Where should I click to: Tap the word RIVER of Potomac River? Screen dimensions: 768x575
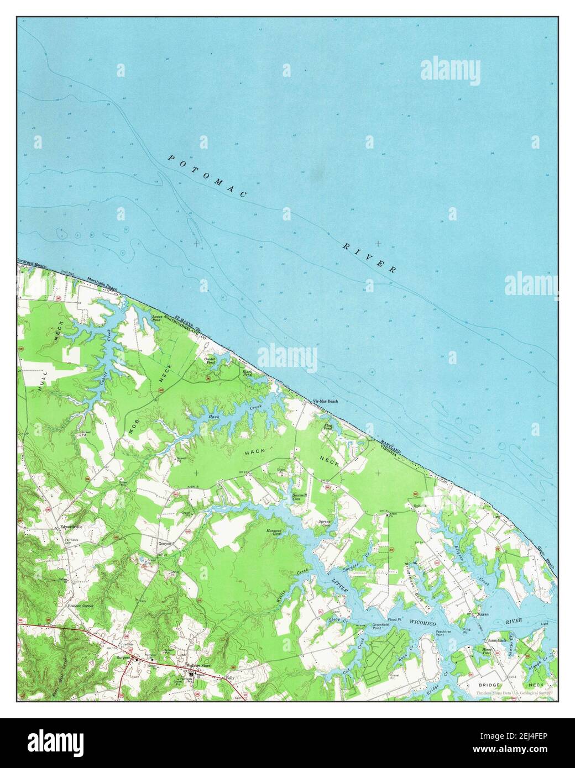[x=369, y=257]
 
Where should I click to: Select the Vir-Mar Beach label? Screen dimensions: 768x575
[x=325, y=402]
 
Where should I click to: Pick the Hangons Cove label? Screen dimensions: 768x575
[x=275, y=533]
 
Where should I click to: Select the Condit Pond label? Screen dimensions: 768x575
[x=211, y=361]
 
